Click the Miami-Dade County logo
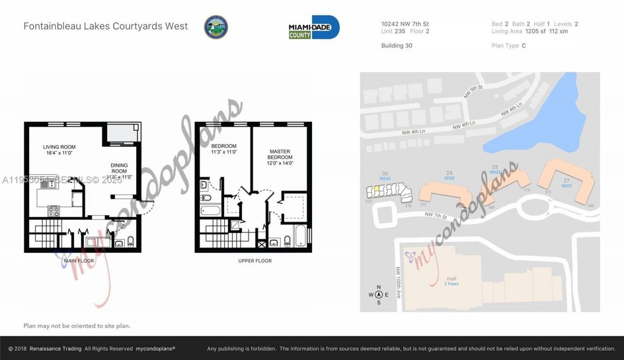pos(314,27)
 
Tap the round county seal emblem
pos(216,27)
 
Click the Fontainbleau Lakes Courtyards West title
pos(106,26)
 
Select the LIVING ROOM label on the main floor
pos(59,147)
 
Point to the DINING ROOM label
pos(119,168)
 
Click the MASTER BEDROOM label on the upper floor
pos(280,154)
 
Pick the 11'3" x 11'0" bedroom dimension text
pos(224,152)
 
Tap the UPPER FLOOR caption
pos(255,261)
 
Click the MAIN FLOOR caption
pos(79,261)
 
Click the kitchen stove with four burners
pos(54,211)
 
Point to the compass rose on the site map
pos(378,295)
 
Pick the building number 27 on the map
pos(565,180)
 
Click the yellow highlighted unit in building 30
pos(376,188)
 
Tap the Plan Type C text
pos(508,46)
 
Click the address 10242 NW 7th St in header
pos(405,24)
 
